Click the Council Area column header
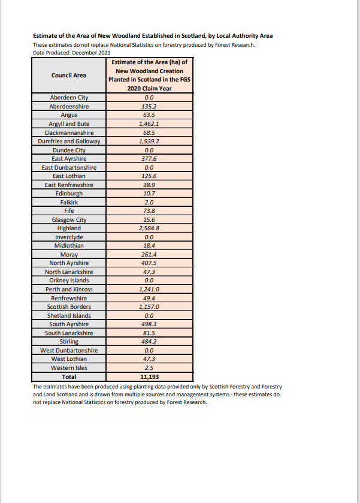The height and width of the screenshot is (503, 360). coord(69,75)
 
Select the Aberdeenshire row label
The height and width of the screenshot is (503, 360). coord(69,106)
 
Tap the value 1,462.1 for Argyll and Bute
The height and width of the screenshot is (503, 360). coord(149,124)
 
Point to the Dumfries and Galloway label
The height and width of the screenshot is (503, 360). coord(69,141)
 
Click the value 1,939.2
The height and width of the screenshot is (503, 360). coord(149,141)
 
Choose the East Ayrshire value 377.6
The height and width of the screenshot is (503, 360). coord(149,158)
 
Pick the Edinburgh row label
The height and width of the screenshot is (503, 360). coord(69,194)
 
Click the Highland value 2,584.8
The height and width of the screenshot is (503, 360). coord(149,228)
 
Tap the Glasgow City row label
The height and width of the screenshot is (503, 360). coord(69,220)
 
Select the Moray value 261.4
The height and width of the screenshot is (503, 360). coord(149,255)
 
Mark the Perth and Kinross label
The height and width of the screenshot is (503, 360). coord(69,290)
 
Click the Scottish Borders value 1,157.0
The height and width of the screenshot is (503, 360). coord(149,307)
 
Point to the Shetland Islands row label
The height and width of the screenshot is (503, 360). coord(69,315)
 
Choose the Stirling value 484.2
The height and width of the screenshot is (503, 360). coord(149,342)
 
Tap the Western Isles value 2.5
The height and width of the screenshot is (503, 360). coord(149,368)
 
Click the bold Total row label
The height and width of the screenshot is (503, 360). coord(69,377)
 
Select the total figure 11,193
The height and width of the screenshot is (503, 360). coord(149,377)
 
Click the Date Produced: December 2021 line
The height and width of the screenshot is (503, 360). coord(72,53)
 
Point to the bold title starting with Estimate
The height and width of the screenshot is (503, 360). coord(153,36)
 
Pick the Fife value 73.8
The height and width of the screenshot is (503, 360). coord(149,211)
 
